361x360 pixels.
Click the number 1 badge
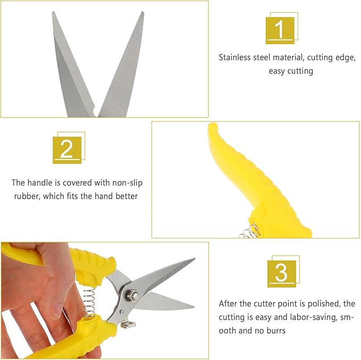click(x=280, y=29)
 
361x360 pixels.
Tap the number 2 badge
click(x=66, y=149)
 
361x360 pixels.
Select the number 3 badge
click(x=281, y=273)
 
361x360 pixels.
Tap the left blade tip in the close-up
click(x=53, y=13)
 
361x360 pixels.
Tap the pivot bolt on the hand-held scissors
click(x=131, y=292)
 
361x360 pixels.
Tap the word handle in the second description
click(x=41, y=183)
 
